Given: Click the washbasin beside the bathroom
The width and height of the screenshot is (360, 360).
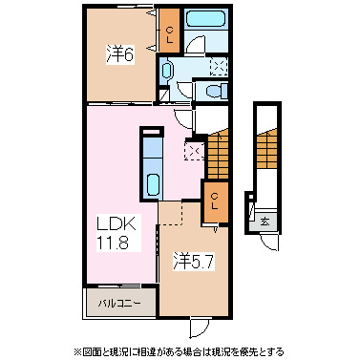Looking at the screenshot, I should coord(167,69).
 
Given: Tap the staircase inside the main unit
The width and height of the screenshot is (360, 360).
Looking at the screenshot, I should coord(219,153).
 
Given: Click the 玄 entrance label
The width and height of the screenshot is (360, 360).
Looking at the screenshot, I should coord(264,221).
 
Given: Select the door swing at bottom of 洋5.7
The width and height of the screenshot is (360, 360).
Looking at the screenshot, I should coord(201,328).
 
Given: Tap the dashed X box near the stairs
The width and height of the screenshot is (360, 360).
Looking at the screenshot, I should coord(195,150).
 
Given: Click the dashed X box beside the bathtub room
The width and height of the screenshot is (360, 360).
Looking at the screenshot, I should coord(217,67).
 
